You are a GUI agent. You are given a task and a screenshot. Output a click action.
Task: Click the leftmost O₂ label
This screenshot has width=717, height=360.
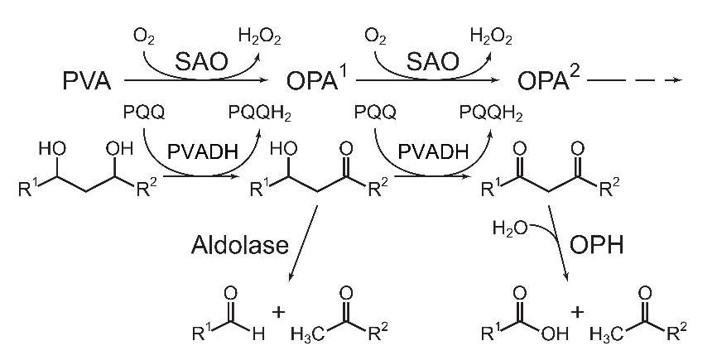click(x=143, y=36)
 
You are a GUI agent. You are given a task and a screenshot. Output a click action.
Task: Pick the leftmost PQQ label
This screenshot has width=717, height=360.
click(x=142, y=112)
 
